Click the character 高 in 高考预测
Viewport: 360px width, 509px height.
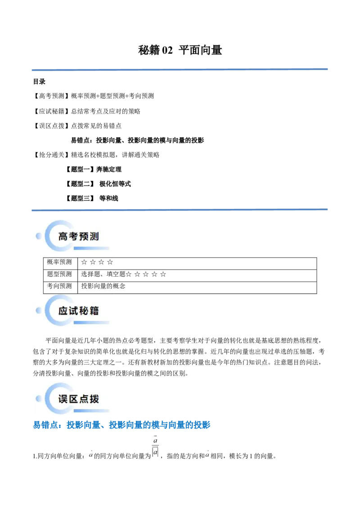tap(63, 237)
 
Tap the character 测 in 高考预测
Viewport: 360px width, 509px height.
tap(94, 237)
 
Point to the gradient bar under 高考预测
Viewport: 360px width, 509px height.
tap(91, 248)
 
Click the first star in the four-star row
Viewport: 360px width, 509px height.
tap(84, 262)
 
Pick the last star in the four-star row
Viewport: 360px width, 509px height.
tap(110, 262)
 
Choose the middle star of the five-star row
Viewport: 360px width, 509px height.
tap(146, 274)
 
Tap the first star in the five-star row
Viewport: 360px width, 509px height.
tap(129, 274)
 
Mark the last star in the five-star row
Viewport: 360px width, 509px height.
tap(163, 274)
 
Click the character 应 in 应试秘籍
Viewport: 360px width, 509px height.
tap(63, 311)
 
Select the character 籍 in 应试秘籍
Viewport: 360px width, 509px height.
tap(94, 311)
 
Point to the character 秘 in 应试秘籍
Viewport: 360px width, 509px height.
tap(84, 311)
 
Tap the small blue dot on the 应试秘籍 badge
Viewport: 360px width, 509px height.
tap(39, 310)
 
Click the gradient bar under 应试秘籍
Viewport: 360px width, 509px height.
tap(91, 323)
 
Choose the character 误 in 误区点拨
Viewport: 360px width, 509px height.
tap(63, 399)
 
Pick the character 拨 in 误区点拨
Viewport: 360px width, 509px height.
tap(94, 399)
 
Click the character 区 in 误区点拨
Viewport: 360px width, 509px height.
tap(73, 399)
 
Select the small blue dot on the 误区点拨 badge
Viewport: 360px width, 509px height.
tap(39, 398)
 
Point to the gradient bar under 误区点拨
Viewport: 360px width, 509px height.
tap(91, 411)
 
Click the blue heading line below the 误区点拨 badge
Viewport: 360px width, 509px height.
tap(121, 425)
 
